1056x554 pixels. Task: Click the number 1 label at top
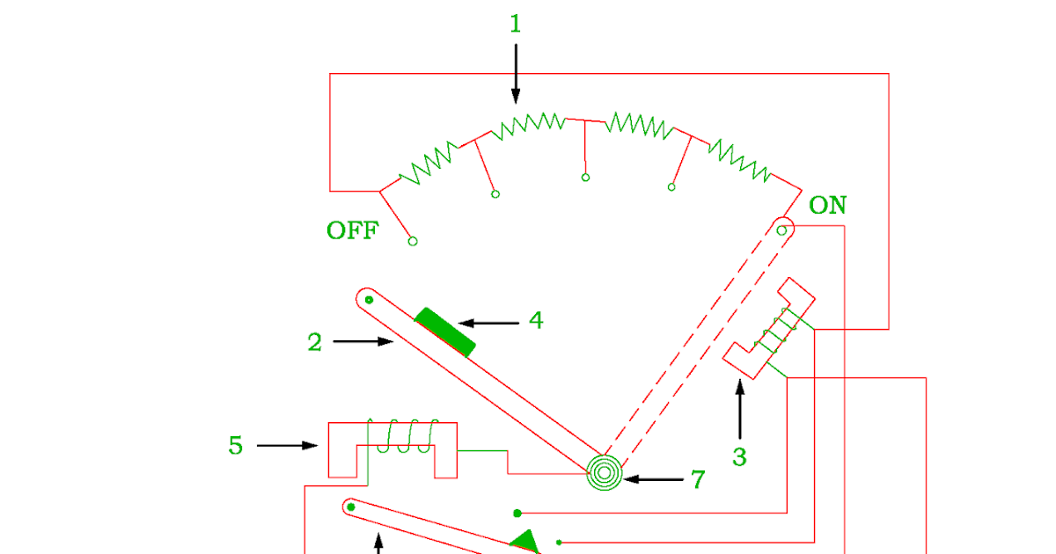516,25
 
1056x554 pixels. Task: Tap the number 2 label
315,343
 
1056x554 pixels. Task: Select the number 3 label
739,457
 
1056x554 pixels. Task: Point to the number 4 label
536,322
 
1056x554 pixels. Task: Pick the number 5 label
236,446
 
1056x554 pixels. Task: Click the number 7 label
698,480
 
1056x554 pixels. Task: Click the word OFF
352,231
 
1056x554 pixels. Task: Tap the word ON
827,207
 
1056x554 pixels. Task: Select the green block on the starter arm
445,332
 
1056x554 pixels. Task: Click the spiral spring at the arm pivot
605,473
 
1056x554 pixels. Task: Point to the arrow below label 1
516,74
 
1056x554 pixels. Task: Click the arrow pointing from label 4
489,324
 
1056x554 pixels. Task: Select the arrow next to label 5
287,446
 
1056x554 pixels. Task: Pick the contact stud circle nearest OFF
413,241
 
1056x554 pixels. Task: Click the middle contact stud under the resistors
585,178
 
